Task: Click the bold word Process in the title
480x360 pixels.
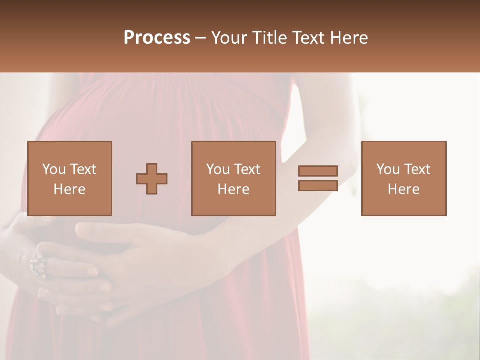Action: tap(157, 38)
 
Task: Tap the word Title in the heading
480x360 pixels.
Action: tap(270, 38)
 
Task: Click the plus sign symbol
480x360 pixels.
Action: tap(152, 179)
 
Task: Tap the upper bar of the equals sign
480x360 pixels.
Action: tap(318, 171)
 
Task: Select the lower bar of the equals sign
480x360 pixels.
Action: tap(318, 186)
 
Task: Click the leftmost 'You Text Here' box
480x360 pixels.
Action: tap(70, 178)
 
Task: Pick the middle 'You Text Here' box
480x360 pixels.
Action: tap(234, 178)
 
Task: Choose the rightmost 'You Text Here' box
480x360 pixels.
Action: tap(404, 178)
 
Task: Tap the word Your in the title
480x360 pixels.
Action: tap(229, 38)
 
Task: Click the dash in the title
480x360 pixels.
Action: tap(201, 38)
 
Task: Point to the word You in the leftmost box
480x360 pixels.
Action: tap(54, 169)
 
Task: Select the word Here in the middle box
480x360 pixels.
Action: tap(234, 189)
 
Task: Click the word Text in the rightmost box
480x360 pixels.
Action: tap(416, 169)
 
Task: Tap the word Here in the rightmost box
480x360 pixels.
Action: tap(404, 189)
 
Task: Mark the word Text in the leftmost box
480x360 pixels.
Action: tap(82, 169)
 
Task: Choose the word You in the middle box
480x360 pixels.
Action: tap(218, 169)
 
